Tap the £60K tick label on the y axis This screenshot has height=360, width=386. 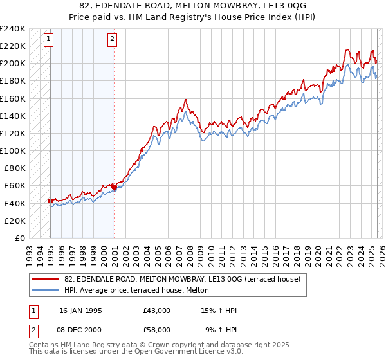[14, 186]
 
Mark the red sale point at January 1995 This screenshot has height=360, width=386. [50, 201]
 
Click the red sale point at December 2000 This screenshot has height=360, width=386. [113, 187]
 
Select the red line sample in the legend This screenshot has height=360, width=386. [45, 278]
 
